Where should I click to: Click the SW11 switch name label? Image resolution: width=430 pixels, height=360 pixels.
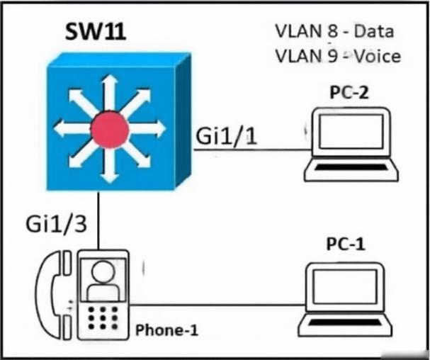click(x=96, y=31)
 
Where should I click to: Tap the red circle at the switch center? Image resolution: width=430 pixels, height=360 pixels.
click(x=110, y=129)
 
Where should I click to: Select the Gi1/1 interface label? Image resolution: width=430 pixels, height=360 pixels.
click(x=227, y=135)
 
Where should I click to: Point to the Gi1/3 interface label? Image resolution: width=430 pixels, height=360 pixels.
click(x=56, y=224)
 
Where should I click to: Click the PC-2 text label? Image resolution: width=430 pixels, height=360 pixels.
click(x=349, y=92)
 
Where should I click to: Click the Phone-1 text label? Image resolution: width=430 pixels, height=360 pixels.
click(x=166, y=330)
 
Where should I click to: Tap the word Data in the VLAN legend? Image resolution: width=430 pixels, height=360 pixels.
click(x=374, y=31)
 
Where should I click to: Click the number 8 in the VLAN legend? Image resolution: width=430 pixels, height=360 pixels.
click(x=333, y=31)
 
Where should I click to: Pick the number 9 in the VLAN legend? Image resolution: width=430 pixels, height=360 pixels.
click(x=333, y=56)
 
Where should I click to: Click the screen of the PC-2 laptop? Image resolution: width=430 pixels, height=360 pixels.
click(x=351, y=132)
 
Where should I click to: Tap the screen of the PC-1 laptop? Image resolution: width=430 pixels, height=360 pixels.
click(x=345, y=287)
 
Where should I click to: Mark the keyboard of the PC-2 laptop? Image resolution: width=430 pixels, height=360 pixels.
click(x=352, y=167)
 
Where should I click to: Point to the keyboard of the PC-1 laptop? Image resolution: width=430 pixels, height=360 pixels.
click(x=345, y=322)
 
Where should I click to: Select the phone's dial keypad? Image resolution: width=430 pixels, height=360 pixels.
click(x=103, y=317)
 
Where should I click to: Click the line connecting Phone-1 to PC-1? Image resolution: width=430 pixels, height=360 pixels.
click(x=217, y=305)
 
